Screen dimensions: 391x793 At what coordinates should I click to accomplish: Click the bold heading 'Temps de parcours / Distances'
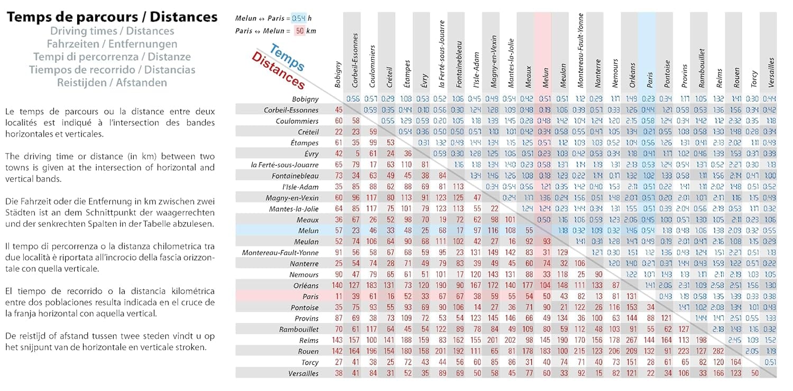click(112, 17)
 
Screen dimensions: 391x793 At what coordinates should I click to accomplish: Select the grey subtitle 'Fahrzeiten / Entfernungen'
click(112, 44)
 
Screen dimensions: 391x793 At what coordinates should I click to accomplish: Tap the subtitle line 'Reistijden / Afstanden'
click(112, 83)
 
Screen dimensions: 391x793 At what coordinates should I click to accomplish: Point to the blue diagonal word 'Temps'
click(287, 58)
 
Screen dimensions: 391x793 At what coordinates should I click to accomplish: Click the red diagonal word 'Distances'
click(278, 70)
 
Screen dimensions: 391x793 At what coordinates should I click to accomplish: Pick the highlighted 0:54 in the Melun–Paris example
click(299, 19)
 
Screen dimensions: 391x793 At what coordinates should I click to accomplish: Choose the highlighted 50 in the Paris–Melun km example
click(300, 31)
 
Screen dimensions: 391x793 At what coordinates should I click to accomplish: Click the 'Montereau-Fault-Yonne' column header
click(580, 50)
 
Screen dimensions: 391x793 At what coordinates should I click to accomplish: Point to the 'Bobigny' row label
click(305, 99)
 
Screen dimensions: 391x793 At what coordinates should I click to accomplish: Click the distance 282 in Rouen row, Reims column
click(718, 351)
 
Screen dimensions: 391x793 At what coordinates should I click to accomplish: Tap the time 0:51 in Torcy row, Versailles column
click(770, 362)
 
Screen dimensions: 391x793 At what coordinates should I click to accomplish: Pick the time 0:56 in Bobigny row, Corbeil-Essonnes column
click(353, 99)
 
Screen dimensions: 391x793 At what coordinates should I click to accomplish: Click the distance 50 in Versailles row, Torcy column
click(754, 374)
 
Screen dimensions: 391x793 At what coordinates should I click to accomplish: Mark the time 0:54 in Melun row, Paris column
click(648, 231)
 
